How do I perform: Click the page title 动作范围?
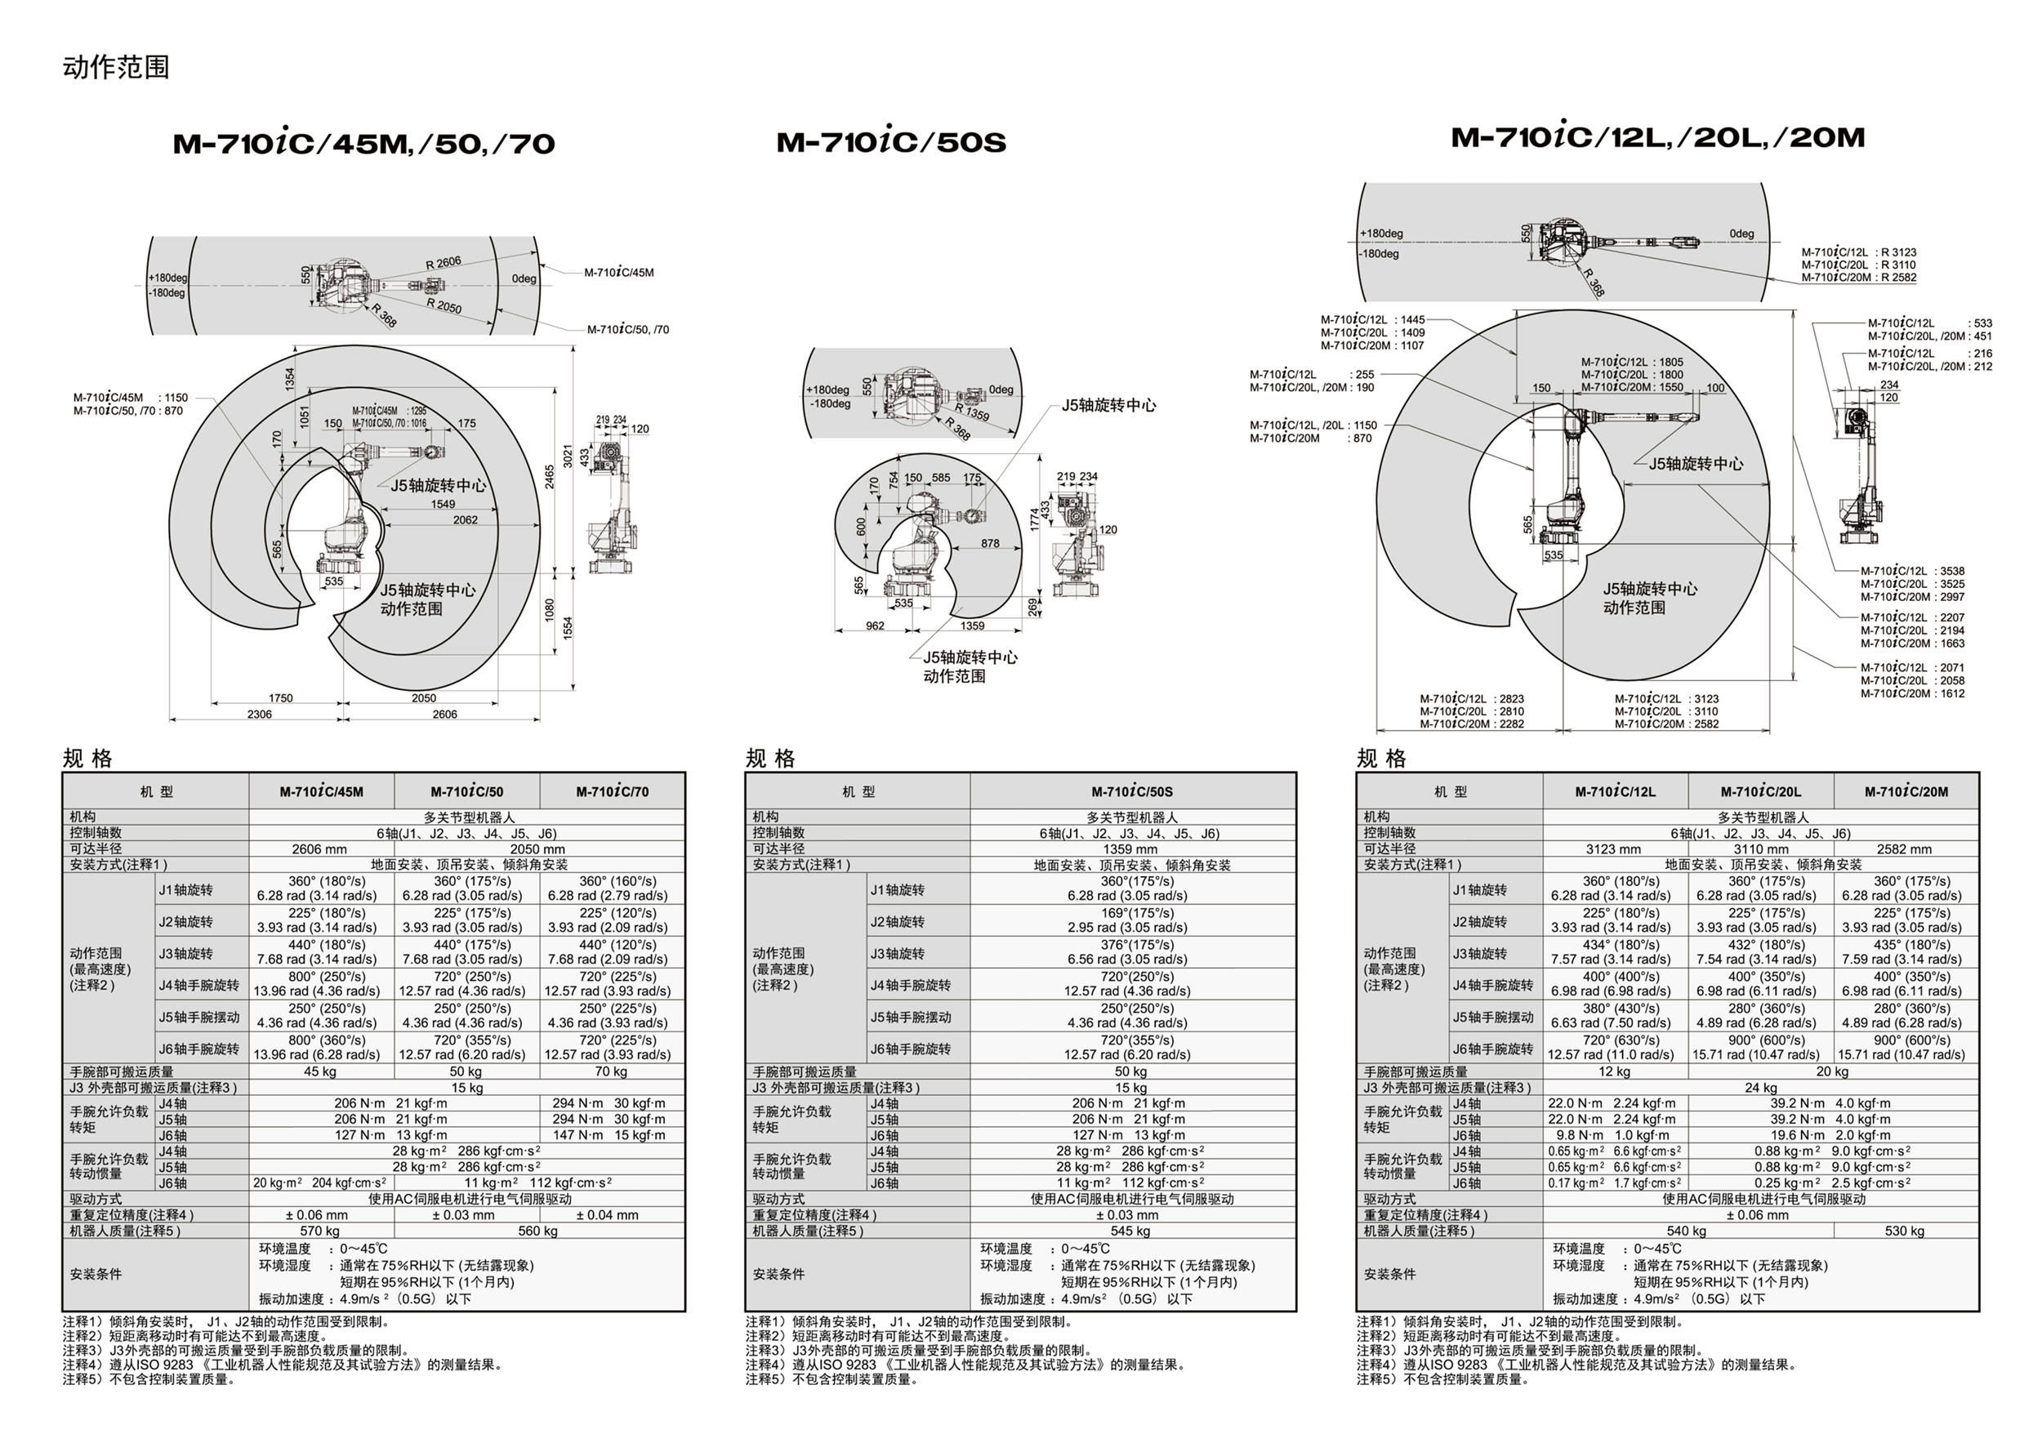(x=115, y=68)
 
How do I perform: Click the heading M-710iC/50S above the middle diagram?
(x=890, y=143)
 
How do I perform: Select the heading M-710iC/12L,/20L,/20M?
(x=1657, y=138)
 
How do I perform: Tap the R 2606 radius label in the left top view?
(x=444, y=263)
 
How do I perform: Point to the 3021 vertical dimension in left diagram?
(x=567, y=456)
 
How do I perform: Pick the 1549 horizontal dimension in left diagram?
(x=443, y=504)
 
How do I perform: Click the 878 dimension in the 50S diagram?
(x=990, y=544)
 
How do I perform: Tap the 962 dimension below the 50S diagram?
(x=876, y=626)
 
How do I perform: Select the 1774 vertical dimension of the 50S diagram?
(x=1034, y=519)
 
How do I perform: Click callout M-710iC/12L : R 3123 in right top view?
(x=1859, y=252)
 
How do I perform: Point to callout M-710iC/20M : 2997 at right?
(x=1912, y=596)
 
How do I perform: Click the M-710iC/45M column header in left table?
(x=321, y=792)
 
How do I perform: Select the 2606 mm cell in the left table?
(x=319, y=849)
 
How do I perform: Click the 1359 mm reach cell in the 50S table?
(x=1130, y=849)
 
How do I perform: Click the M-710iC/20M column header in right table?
(x=1906, y=792)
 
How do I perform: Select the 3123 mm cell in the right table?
(x=1614, y=849)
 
